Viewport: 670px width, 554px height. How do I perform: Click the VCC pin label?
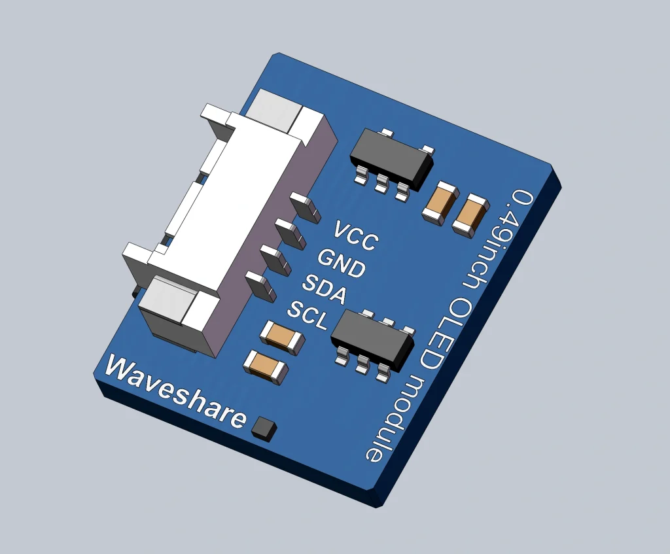(356, 236)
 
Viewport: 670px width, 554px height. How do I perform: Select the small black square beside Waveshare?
(264, 428)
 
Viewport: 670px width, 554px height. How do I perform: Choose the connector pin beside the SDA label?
(275, 259)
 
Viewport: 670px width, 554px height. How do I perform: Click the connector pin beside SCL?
(260, 286)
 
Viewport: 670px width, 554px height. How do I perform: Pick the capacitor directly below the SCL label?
(282, 337)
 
